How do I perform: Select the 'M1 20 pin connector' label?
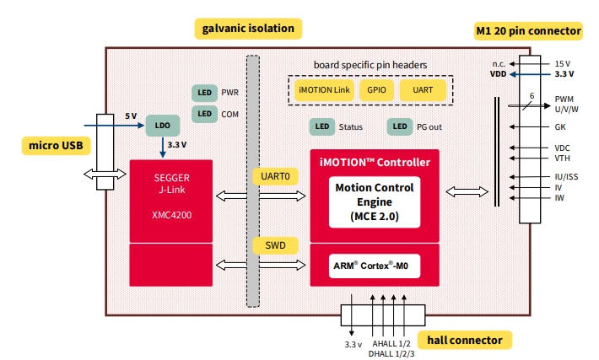(528, 31)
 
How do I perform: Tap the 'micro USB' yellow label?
(55, 146)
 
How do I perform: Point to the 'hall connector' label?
(465, 341)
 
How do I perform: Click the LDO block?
(162, 126)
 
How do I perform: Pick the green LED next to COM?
(203, 113)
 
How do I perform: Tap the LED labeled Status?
(321, 127)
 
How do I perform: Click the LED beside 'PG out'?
(399, 127)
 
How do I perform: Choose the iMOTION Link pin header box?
(324, 89)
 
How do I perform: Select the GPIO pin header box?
(375, 89)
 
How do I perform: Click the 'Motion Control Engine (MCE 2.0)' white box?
(374, 201)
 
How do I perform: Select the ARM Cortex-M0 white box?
(374, 265)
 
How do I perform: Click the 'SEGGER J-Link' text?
(172, 184)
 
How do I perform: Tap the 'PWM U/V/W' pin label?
(567, 104)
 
